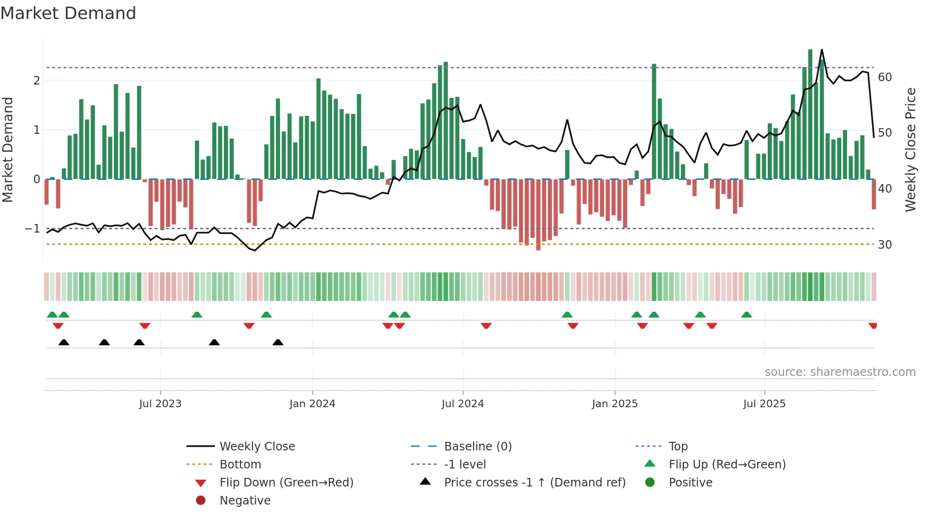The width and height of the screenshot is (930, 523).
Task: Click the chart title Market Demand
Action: click(68, 13)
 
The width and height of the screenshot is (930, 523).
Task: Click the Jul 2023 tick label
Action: click(160, 404)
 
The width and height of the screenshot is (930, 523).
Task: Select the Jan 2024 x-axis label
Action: click(312, 404)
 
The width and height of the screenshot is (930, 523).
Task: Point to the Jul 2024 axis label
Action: click(463, 404)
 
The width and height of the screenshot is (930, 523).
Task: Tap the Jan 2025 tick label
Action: click(615, 404)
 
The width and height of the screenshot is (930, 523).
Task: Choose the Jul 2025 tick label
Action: click(764, 404)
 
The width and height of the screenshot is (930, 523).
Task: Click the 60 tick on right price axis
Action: click(885, 77)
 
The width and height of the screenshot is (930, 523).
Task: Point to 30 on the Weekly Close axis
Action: click(885, 245)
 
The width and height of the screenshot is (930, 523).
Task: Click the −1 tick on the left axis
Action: click(32, 229)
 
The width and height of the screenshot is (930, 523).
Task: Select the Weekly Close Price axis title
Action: click(911, 149)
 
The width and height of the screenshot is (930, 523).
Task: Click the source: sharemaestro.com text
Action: click(840, 372)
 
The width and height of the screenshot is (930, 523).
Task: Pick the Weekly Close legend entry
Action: click(257, 447)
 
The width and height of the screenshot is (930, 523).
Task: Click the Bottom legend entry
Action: click(240, 465)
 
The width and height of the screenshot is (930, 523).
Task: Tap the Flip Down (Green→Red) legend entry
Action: click(286, 483)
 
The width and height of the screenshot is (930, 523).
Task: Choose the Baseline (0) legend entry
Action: click(478, 447)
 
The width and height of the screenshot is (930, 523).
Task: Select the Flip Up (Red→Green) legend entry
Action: click(727, 465)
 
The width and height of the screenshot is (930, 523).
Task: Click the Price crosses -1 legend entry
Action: click(535, 483)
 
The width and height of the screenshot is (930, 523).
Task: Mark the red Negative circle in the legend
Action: click(201, 501)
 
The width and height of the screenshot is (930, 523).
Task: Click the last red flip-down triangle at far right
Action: click(873, 326)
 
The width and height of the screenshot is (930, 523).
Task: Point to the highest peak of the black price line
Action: click(822, 50)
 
